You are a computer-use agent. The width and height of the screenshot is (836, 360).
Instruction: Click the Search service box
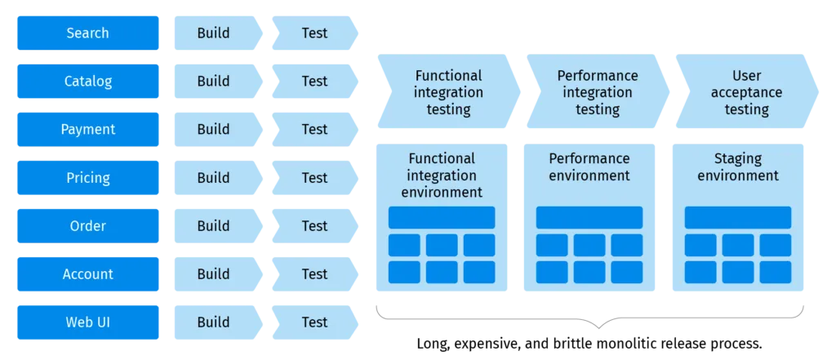pyautogui.click(x=88, y=33)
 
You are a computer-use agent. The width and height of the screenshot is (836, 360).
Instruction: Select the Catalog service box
pyautogui.click(x=88, y=82)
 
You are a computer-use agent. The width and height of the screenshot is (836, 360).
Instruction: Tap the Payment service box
pyautogui.click(x=88, y=130)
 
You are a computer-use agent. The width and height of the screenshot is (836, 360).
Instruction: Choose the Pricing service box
pyautogui.click(x=88, y=178)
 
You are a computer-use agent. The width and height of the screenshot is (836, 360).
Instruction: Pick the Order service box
pyautogui.click(x=88, y=226)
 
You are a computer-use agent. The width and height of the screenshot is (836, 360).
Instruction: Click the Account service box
pyautogui.click(x=88, y=274)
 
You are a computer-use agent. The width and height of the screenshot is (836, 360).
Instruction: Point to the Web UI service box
pyautogui.click(x=88, y=322)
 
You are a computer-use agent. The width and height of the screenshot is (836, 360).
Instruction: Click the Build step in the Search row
pyautogui.click(x=214, y=33)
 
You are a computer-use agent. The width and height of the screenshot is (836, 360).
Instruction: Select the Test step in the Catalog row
pyautogui.click(x=313, y=82)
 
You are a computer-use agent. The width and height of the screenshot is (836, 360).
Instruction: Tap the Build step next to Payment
pyautogui.click(x=214, y=130)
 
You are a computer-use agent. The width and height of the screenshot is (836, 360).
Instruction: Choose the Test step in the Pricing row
pyautogui.click(x=313, y=178)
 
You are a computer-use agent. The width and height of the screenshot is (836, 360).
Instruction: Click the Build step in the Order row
pyautogui.click(x=214, y=226)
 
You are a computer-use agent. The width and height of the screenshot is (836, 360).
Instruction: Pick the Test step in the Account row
pyautogui.click(x=313, y=274)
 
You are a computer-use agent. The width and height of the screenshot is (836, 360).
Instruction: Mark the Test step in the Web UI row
pyautogui.click(x=313, y=322)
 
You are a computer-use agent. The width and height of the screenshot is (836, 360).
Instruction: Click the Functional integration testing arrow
pyautogui.click(x=447, y=92)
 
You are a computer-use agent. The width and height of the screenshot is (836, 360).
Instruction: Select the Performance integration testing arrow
pyautogui.click(x=597, y=92)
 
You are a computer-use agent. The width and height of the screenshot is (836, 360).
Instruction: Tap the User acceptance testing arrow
pyautogui.click(x=745, y=92)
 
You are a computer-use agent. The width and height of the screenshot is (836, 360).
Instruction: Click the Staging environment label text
pyautogui.click(x=737, y=167)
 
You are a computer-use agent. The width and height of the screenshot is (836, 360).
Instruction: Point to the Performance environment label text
pyautogui.click(x=589, y=167)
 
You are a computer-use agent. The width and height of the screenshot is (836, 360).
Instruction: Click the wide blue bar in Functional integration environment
pyautogui.click(x=441, y=218)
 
